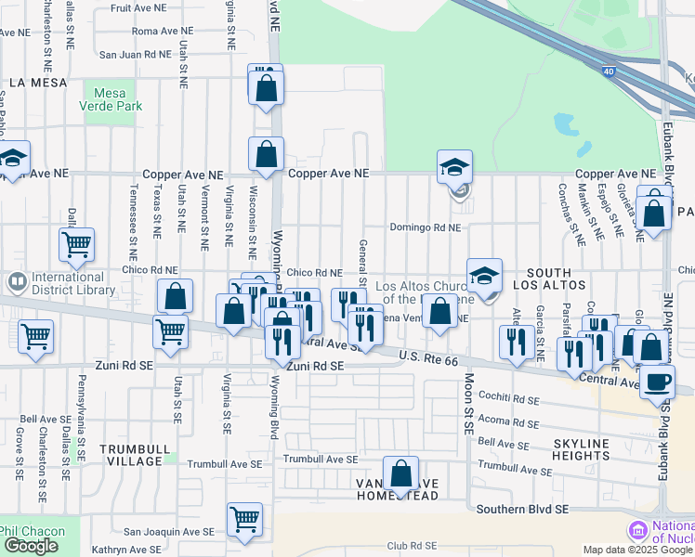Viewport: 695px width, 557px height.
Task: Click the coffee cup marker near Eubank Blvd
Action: coord(657,381)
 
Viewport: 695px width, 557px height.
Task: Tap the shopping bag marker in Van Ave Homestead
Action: coord(401,473)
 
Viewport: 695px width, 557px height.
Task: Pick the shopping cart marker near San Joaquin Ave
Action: coord(244,518)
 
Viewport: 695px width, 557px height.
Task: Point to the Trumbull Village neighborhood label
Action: coord(135,455)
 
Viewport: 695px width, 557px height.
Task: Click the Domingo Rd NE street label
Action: coord(425,227)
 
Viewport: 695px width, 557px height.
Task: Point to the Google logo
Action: coord(31,546)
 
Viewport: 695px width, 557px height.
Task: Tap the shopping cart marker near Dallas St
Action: coord(76,245)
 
